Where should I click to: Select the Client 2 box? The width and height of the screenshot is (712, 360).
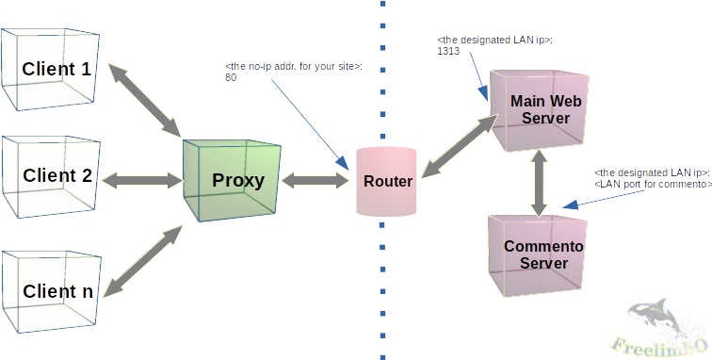click(x=52, y=176)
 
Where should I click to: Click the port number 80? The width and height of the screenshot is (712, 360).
click(x=231, y=78)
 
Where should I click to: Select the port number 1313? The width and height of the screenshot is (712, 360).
click(x=448, y=53)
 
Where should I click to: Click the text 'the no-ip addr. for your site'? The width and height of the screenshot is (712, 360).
click(x=293, y=66)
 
